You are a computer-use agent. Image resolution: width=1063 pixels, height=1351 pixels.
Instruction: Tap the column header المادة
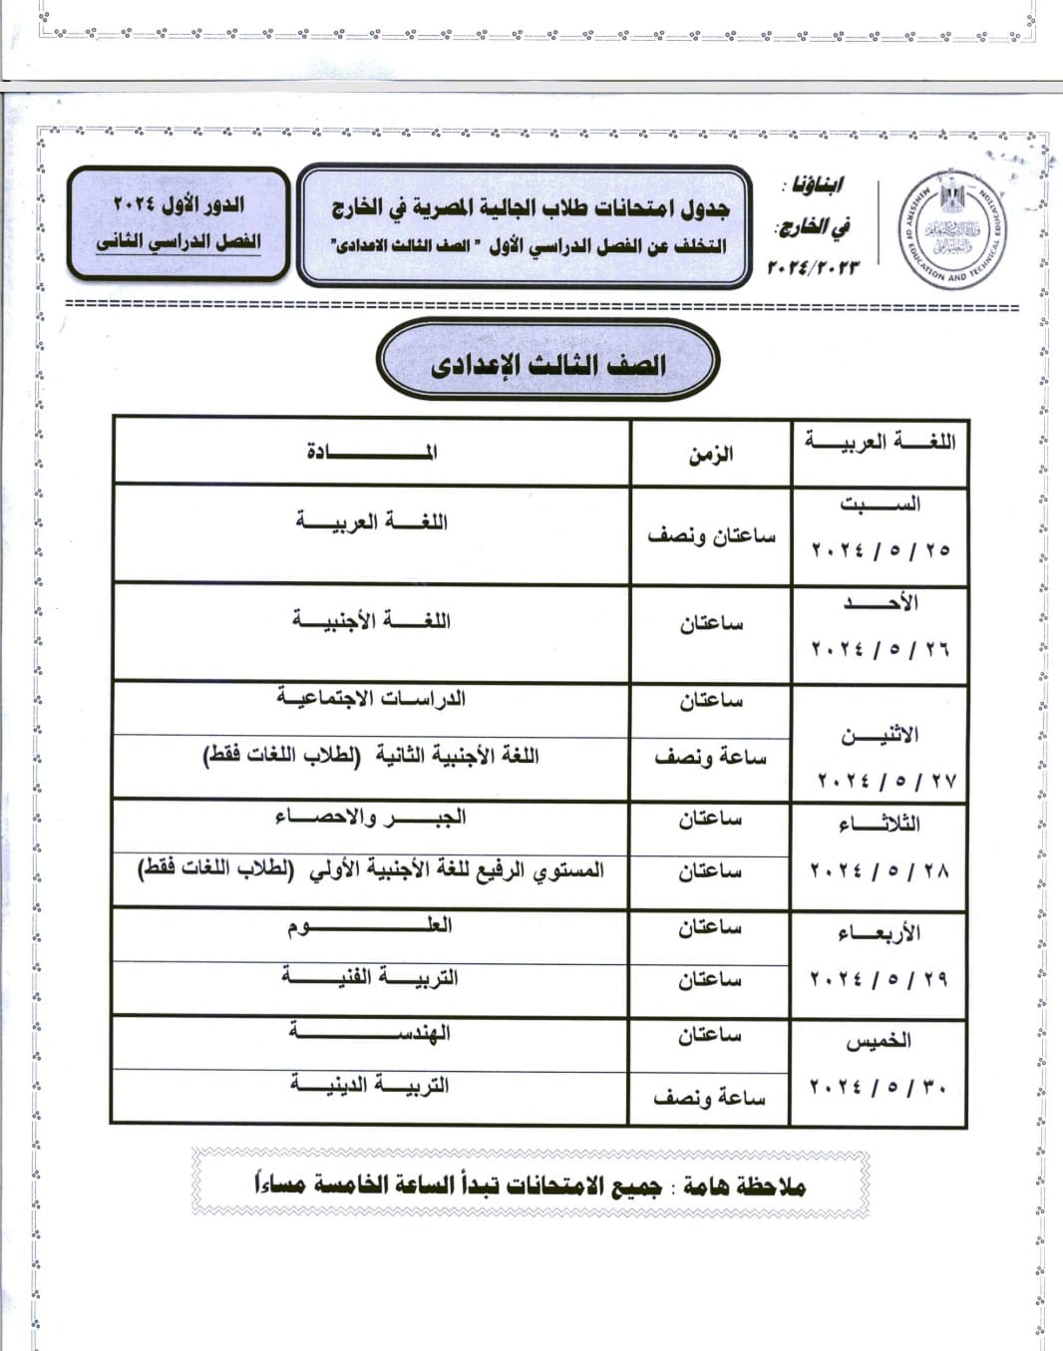(x=371, y=452)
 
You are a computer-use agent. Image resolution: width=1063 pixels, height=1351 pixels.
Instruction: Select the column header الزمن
(x=710, y=455)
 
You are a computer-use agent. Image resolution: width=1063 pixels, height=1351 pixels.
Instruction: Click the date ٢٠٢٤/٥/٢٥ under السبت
(x=881, y=549)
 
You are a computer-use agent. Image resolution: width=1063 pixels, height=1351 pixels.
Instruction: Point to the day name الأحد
(x=881, y=603)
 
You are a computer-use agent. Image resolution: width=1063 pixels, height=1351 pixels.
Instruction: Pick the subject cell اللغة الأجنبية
(x=371, y=621)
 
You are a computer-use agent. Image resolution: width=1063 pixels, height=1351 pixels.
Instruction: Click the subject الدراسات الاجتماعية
(x=371, y=698)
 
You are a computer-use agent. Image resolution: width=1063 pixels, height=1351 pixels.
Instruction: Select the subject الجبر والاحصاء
(x=371, y=818)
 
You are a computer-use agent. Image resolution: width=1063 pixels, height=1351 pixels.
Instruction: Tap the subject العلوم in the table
(x=371, y=926)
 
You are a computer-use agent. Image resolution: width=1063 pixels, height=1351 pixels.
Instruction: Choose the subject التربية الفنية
(x=371, y=977)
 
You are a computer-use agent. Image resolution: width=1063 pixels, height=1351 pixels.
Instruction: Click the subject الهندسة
(x=371, y=1034)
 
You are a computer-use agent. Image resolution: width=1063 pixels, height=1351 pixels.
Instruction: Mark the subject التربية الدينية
(x=371, y=1085)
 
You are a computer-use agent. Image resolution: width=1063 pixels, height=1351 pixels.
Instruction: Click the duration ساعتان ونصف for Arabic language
(x=711, y=535)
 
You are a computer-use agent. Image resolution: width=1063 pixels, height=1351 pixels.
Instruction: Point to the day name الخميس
(x=879, y=1041)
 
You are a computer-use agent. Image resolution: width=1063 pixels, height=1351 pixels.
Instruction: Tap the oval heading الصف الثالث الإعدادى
(x=547, y=364)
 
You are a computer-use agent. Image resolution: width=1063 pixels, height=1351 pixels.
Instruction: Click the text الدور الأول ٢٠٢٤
(x=178, y=204)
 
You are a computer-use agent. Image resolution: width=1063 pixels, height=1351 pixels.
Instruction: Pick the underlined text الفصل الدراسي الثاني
(x=178, y=242)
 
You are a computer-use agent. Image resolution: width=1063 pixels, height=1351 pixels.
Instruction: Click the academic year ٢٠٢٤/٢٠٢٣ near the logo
(x=813, y=267)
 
